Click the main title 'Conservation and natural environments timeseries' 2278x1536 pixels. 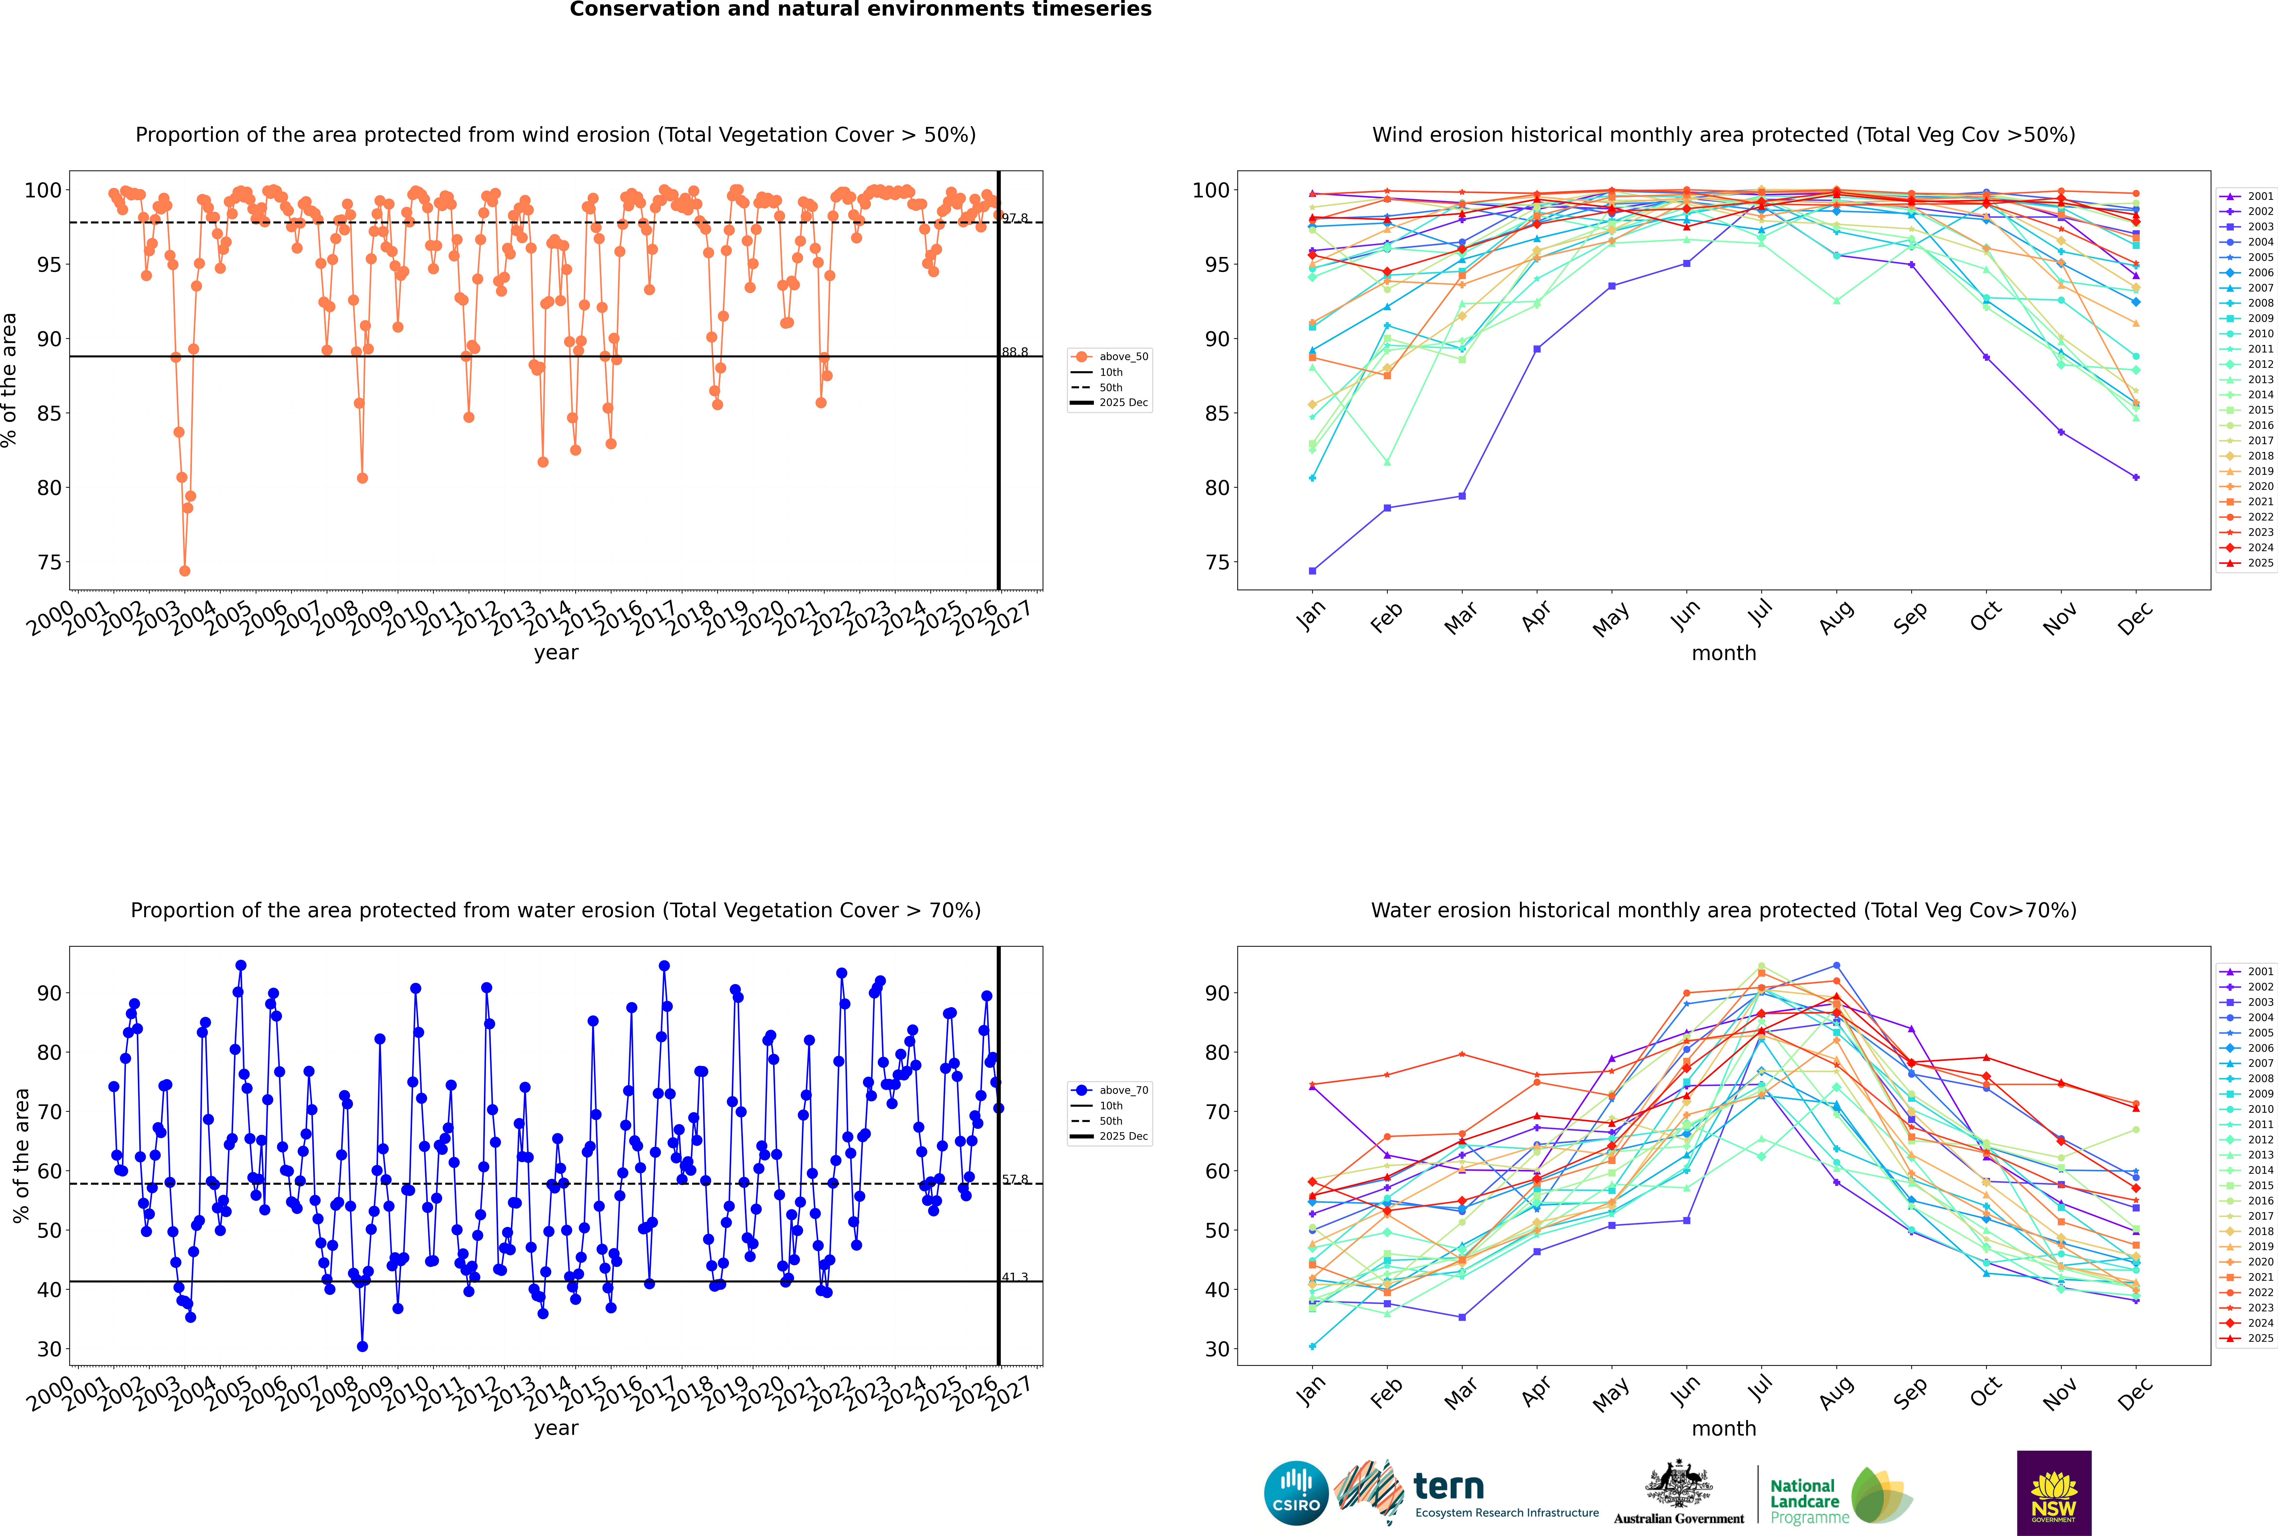tap(860, 10)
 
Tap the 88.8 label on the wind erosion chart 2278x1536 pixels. tap(1015, 352)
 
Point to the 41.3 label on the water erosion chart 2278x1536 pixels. tap(1015, 1277)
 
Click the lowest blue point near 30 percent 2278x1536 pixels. tap(362, 1347)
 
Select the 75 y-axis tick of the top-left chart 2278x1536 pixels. tap(49, 562)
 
